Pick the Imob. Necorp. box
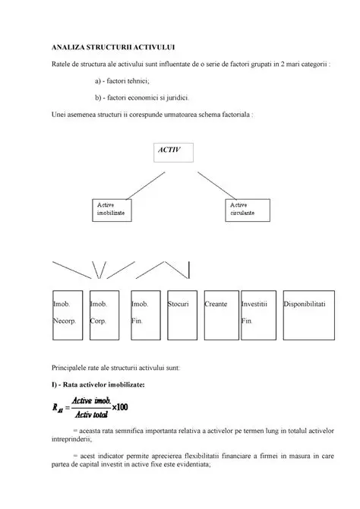[x=67, y=315]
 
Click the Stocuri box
[x=183, y=315]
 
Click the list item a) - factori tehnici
[x=122, y=81]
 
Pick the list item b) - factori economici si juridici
[x=143, y=98]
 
